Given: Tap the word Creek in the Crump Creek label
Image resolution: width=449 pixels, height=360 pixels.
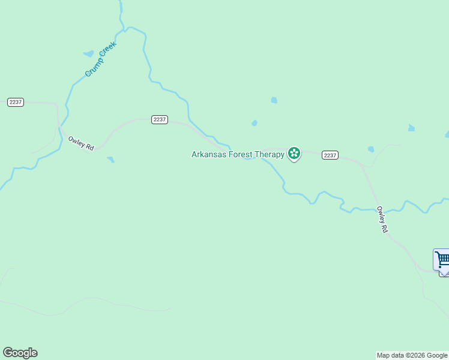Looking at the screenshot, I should pyautogui.click(x=108, y=50).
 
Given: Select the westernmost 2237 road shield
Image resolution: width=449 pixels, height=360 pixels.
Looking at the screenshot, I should pyautogui.click(x=16, y=102).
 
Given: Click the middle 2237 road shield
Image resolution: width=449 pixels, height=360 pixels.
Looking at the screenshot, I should pyautogui.click(x=159, y=119).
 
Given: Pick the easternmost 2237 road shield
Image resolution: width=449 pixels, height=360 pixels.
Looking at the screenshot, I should pyautogui.click(x=330, y=155).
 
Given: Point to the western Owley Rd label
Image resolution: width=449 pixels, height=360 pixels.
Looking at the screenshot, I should pyautogui.click(x=81, y=143).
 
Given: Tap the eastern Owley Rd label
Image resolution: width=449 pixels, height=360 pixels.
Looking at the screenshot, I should pyautogui.click(x=382, y=220).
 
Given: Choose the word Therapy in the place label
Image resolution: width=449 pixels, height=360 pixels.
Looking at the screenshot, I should pyautogui.click(x=270, y=154).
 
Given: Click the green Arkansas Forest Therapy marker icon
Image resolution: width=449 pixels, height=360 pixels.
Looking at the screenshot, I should pyautogui.click(x=294, y=154).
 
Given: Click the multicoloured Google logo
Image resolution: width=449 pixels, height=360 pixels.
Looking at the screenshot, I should pyautogui.click(x=20, y=353).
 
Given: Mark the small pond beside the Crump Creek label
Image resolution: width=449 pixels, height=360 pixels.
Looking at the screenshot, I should pyautogui.click(x=89, y=53).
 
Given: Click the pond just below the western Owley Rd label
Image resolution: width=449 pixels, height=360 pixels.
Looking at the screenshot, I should pyautogui.click(x=110, y=160).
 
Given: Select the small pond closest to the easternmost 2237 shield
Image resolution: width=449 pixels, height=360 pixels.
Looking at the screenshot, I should pyautogui.click(x=371, y=149).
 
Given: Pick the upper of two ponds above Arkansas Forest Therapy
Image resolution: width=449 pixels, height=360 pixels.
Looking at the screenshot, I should pyautogui.click(x=274, y=100).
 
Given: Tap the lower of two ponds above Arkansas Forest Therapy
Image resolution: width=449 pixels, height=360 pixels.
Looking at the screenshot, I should pyautogui.click(x=255, y=123).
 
